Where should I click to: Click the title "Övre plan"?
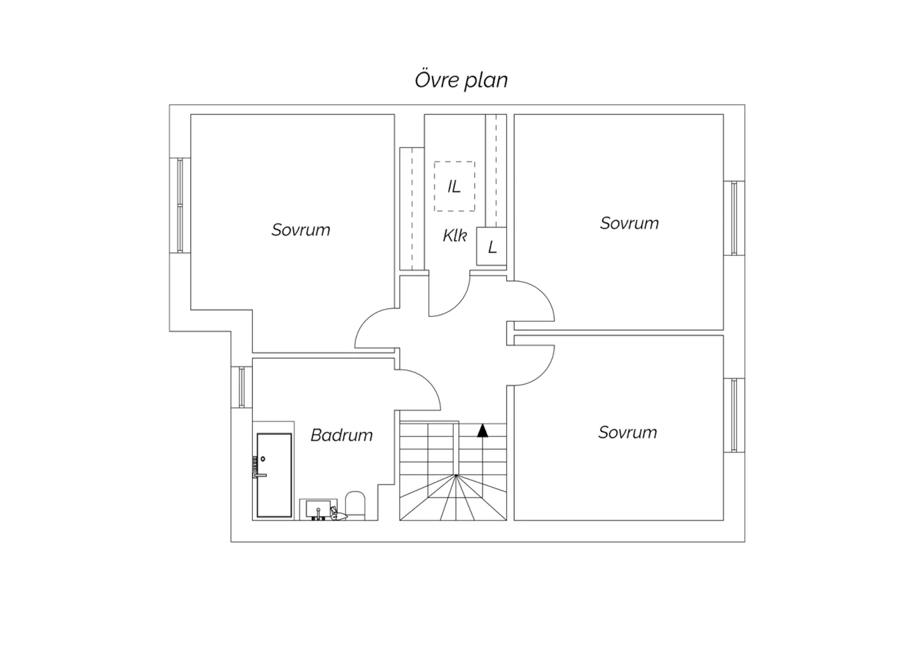click(x=461, y=80)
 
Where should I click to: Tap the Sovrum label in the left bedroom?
click(x=301, y=230)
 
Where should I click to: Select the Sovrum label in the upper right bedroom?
click(x=629, y=223)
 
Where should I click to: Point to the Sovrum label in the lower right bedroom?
click(x=628, y=432)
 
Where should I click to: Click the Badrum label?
click(x=341, y=435)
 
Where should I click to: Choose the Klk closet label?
click(x=455, y=236)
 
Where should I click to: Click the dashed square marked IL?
click(x=455, y=186)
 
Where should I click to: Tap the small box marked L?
click(x=491, y=246)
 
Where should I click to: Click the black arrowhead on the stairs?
click(x=483, y=430)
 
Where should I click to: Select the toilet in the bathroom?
click(x=355, y=505)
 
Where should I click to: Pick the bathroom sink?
click(x=317, y=509)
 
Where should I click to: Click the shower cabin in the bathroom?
click(x=274, y=475)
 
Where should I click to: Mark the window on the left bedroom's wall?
click(x=180, y=205)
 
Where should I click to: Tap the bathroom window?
click(x=242, y=387)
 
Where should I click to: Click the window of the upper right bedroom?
click(x=734, y=218)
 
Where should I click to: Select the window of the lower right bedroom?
click(x=734, y=415)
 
